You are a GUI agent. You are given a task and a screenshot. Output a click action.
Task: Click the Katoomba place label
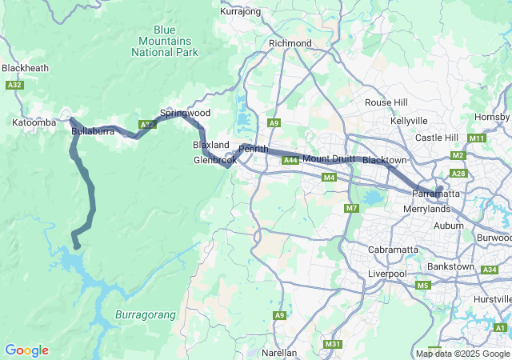tap(34, 122)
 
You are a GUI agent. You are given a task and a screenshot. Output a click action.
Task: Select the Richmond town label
tap(290, 43)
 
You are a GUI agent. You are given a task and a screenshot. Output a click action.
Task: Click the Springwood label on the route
tap(185, 114)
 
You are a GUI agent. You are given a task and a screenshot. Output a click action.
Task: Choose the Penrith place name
tap(254, 149)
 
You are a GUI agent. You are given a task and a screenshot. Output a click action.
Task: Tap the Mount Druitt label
tap(328, 158)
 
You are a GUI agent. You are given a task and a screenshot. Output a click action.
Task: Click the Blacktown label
tap(385, 161)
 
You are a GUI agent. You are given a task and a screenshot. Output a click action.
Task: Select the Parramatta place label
tap(436, 194)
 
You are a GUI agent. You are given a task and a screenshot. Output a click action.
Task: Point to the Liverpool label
tap(387, 274)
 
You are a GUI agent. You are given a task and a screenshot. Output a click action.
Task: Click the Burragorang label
tap(145, 314)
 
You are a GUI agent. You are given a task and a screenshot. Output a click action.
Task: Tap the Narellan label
tap(279, 352)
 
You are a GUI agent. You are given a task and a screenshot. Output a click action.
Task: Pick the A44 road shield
tap(290, 161)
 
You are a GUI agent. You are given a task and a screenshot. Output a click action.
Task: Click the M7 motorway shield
tap(351, 209)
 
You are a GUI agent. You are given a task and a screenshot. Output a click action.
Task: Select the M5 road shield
tap(423, 286)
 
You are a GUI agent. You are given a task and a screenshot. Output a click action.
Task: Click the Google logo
tap(26, 350)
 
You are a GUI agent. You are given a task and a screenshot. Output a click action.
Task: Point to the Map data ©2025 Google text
tap(462, 354)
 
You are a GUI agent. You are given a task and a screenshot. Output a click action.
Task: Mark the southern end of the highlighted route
tap(76, 246)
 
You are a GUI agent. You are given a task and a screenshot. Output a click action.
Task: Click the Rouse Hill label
tap(386, 102)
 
